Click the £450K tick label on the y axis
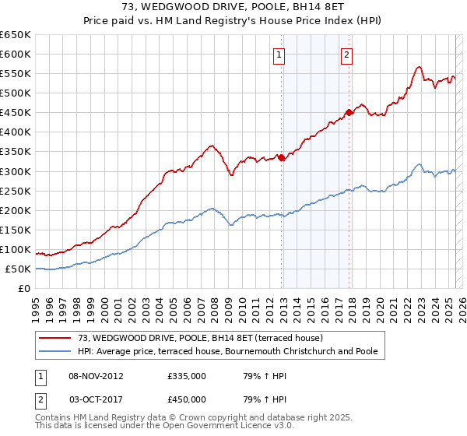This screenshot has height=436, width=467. click(x=16, y=112)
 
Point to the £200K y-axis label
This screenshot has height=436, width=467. click(x=16, y=210)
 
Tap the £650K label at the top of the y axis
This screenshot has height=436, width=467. click(x=16, y=34)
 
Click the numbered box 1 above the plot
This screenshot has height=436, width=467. click(x=279, y=54)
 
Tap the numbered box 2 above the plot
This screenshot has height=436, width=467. click(x=346, y=54)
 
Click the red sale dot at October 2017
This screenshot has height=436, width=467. click(x=349, y=112)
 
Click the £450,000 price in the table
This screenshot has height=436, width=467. click(x=187, y=399)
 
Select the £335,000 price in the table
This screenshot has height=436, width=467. click(x=187, y=376)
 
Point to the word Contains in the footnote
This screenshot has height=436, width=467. click(x=54, y=418)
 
